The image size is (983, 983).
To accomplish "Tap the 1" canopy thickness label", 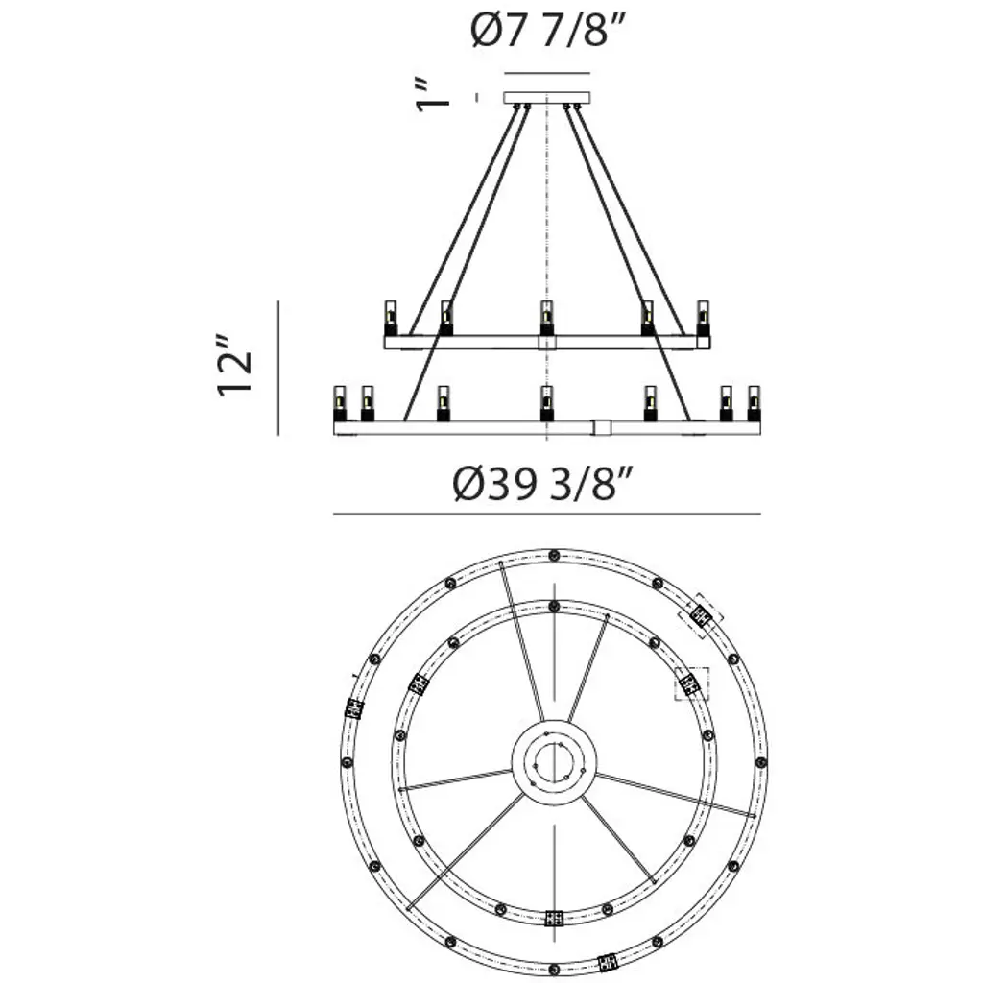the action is click(x=433, y=96).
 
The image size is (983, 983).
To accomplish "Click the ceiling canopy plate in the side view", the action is click(x=547, y=99).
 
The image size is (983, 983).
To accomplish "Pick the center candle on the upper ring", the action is click(x=546, y=318).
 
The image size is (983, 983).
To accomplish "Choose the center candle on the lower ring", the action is click(x=546, y=404).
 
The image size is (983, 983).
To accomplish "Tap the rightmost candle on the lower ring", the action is click(x=754, y=404).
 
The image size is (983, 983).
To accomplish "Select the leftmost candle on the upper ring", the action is click(x=391, y=318).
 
